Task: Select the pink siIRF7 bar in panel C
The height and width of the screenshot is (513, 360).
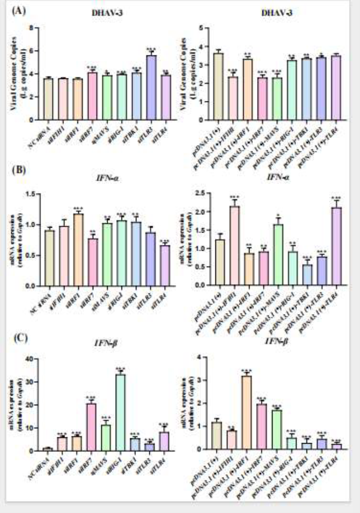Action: (x=92, y=427)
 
